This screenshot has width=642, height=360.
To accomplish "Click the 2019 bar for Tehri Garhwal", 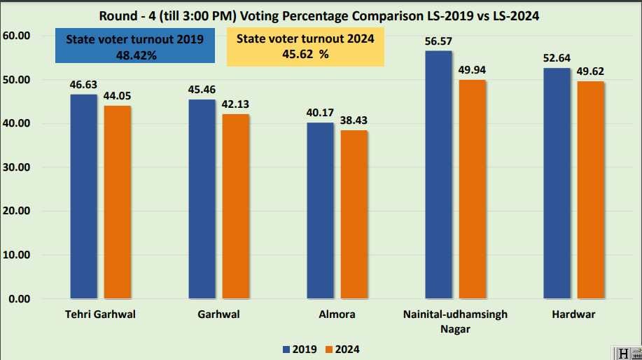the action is (83, 197).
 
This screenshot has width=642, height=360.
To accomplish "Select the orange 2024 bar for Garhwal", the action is (236, 207).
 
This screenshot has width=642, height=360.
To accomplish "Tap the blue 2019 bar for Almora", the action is (320, 211).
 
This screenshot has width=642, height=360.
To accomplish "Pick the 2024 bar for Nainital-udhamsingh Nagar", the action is (473, 189).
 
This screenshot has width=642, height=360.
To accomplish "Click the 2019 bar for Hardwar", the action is (557, 184).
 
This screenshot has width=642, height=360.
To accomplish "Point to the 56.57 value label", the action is (438, 41).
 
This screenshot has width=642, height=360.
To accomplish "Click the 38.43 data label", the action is (354, 120).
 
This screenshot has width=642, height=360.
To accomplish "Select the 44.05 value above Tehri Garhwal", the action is (117, 96).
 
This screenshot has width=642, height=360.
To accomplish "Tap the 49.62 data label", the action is (590, 71).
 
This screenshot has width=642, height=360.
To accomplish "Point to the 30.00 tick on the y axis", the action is (16, 167).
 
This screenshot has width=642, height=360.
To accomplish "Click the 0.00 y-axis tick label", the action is (19, 299).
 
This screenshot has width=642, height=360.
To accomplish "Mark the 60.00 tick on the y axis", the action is (16, 36).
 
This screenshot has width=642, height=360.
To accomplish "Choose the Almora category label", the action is (337, 314).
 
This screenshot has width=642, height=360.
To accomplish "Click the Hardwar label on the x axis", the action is (573, 314).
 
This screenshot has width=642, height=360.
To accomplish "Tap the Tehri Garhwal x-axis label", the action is (100, 314).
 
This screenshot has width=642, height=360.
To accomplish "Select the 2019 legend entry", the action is (300, 349).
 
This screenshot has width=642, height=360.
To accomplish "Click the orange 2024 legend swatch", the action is (329, 349).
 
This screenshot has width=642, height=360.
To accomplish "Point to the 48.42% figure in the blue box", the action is (136, 55).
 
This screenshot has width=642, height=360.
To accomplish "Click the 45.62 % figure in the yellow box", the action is (305, 54).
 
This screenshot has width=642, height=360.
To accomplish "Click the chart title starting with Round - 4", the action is (319, 16).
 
